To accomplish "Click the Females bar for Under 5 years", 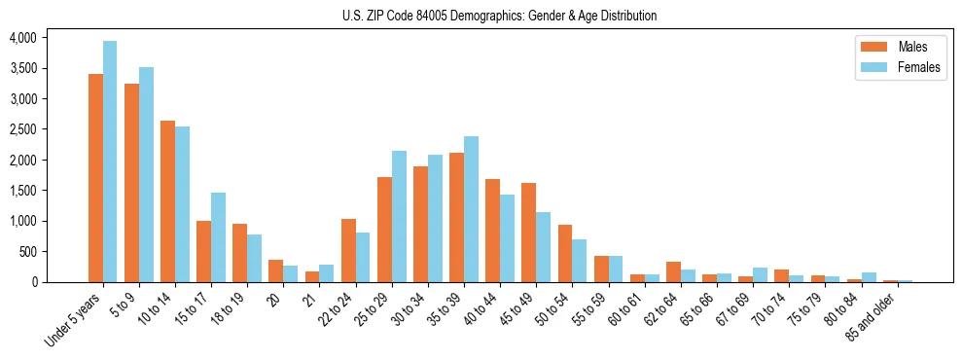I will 110,162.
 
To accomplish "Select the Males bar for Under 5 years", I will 95,178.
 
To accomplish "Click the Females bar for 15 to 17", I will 218,237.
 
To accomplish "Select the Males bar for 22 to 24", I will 348,250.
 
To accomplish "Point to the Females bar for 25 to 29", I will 399,216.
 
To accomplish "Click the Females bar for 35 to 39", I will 471,209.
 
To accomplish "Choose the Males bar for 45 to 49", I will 528,233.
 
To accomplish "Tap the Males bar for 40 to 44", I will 492,231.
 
